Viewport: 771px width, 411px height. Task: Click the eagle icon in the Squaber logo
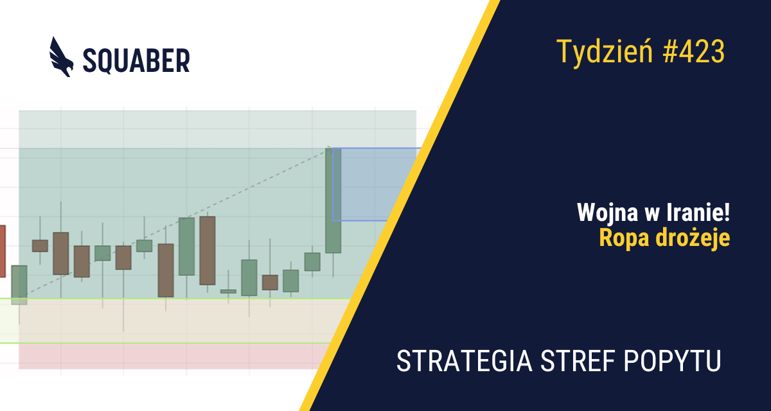[61, 57]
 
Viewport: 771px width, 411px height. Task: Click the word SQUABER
[136, 61]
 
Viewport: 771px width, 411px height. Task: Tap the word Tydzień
[605, 52]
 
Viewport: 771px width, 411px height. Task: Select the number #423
[694, 51]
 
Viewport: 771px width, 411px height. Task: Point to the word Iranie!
[698, 213]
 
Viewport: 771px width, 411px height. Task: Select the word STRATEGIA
[465, 361]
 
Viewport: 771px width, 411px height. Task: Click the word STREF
[578, 361]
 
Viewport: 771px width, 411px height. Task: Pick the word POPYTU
[672, 361]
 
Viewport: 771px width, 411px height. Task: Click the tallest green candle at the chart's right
[333, 200]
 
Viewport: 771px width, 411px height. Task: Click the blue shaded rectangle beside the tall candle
[375, 184]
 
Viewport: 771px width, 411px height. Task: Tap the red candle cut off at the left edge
[3, 251]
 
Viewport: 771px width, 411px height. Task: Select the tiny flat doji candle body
[228, 292]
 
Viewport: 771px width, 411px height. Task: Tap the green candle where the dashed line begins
[19, 285]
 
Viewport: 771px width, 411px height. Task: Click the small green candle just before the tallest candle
[312, 262]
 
